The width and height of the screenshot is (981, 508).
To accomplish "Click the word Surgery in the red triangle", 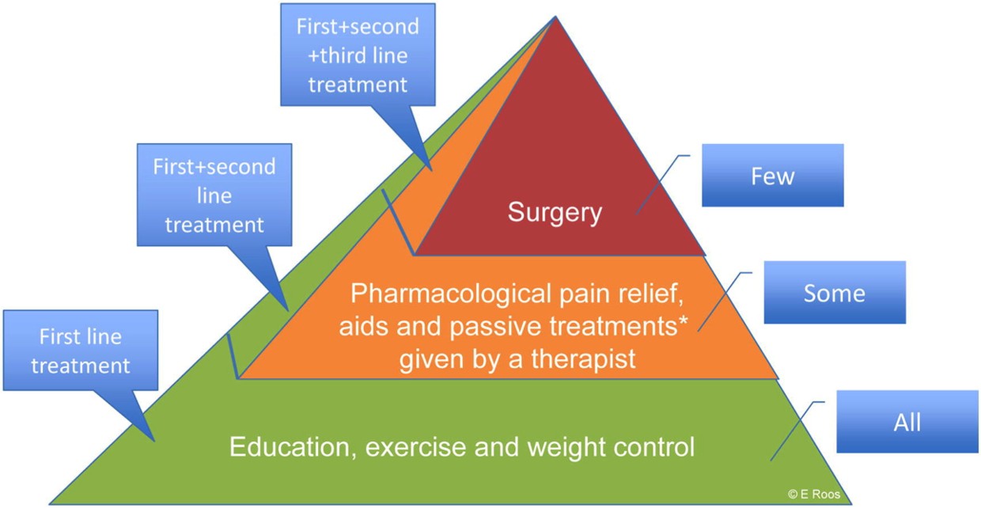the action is (x=555, y=213).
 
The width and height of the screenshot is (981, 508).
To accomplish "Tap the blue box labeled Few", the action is (x=772, y=175).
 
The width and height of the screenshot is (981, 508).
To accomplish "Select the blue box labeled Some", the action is (x=835, y=293).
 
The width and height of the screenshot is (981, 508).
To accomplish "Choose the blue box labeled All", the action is (x=907, y=422).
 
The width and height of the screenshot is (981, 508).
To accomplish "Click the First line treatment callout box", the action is (x=81, y=351).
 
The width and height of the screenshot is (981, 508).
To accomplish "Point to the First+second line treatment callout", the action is (x=214, y=195).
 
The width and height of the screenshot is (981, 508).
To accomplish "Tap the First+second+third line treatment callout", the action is (x=358, y=55).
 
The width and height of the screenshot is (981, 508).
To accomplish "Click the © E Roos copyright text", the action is (x=814, y=494).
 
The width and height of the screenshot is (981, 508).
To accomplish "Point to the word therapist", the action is (x=583, y=359).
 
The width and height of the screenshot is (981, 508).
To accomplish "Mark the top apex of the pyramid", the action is (x=555, y=17).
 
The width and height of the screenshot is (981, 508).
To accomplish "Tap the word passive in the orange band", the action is (x=496, y=327).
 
